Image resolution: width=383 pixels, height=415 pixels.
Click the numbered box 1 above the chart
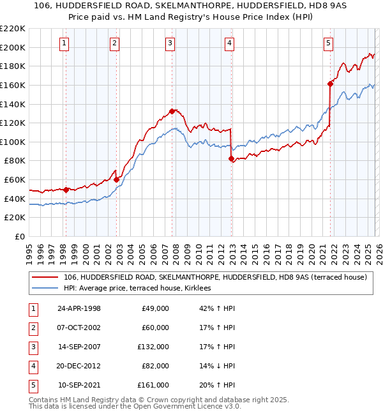(x=66, y=43)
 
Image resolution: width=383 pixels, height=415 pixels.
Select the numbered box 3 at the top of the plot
(x=171, y=43)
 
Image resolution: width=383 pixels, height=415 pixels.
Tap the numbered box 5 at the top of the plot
(x=328, y=43)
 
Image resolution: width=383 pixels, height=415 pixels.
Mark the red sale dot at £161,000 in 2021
(x=330, y=84)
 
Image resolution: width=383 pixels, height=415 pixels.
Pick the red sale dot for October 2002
(x=117, y=179)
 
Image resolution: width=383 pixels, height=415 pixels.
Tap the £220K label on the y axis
(x=13, y=29)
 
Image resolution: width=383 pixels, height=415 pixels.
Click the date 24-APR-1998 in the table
(x=79, y=308)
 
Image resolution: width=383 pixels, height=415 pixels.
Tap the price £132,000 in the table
(x=154, y=347)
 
